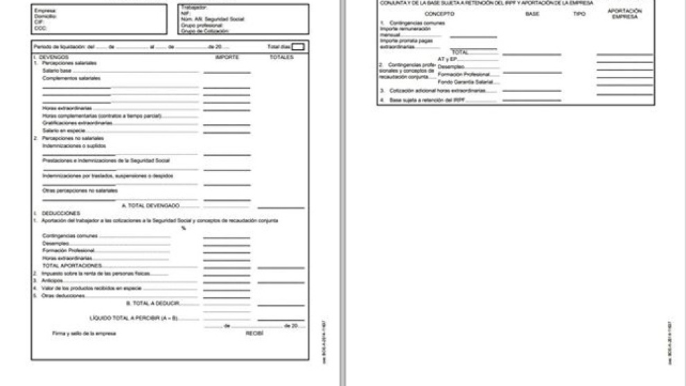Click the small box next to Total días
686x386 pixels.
[297, 46]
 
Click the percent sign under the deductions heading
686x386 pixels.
[184, 228]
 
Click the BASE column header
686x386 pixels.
[532, 14]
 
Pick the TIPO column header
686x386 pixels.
[579, 14]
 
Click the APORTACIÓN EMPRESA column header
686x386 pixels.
[624, 14]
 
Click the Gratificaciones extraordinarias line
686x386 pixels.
[77, 123]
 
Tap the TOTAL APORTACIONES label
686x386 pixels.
[73, 265]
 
